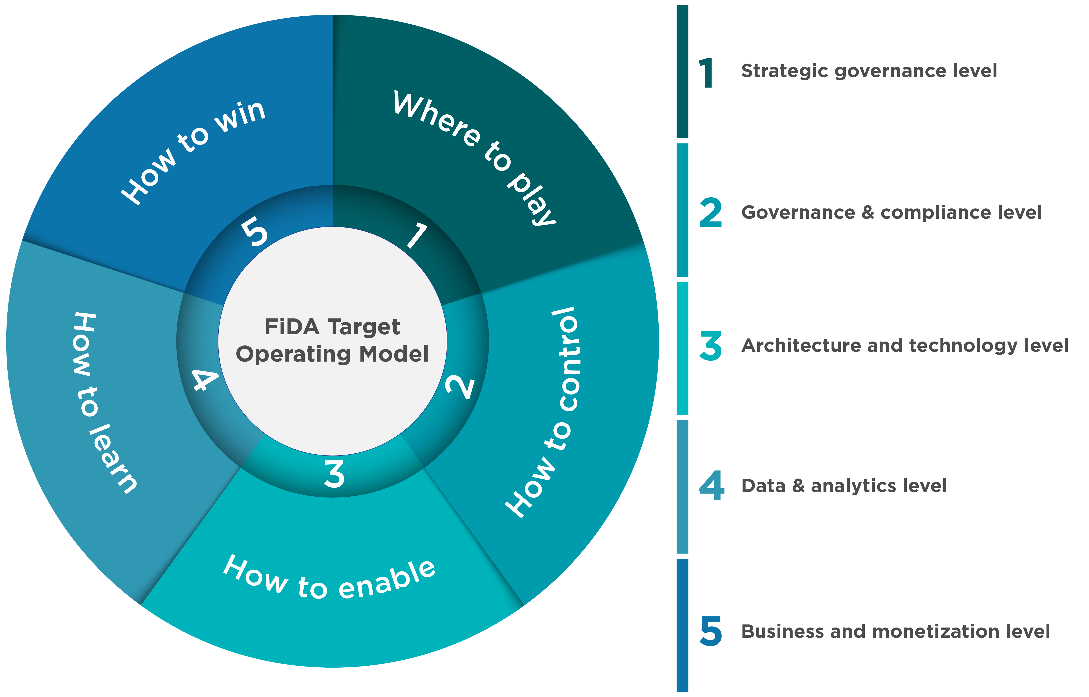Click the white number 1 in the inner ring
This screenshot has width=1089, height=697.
point(416,235)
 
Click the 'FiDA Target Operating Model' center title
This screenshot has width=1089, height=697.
point(333,340)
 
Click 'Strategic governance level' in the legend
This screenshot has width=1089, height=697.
point(869,71)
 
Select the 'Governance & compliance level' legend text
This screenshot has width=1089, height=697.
point(891,212)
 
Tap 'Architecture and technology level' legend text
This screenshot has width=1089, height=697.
point(905,345)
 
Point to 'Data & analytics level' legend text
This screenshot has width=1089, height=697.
point(844,486)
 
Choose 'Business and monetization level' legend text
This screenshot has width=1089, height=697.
point(896,631)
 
